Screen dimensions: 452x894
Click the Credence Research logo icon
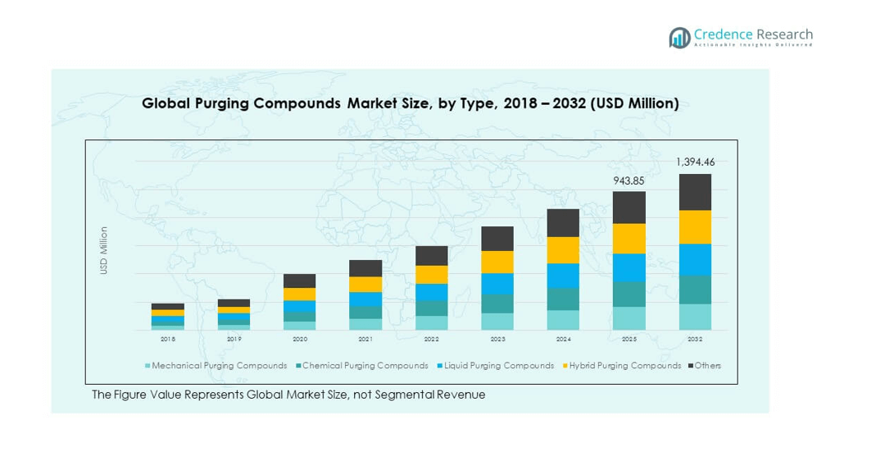[x=679, y=37]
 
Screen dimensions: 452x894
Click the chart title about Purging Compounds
[x=410, y=103]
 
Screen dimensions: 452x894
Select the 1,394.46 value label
[x=694, y=162]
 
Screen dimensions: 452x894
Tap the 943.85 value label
[x=629, y=180]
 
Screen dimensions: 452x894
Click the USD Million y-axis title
[x=104, y=250]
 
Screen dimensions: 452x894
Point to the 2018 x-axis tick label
[x=167, y=339]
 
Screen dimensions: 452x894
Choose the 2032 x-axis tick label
[x=695, y=339]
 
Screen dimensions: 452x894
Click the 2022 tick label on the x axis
[x=431, y=339]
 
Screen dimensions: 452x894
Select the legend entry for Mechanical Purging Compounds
[x=216, y=366]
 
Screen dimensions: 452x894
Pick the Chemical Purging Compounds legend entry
[x=361, y=366]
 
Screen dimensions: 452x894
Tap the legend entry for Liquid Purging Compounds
[x=494, y=366]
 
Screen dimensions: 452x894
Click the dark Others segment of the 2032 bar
[x=695, y=192]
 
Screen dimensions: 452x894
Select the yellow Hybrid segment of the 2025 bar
[x=629, y=239]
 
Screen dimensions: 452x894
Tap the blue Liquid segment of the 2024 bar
[x=563, y=276]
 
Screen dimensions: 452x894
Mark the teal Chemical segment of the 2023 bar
[x=497, y=304]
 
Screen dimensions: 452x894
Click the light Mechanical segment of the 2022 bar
[x=431, y=323]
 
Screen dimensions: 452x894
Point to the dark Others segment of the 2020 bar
[x=299, y=281]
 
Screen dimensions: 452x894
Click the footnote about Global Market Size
[x=288, y=395]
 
